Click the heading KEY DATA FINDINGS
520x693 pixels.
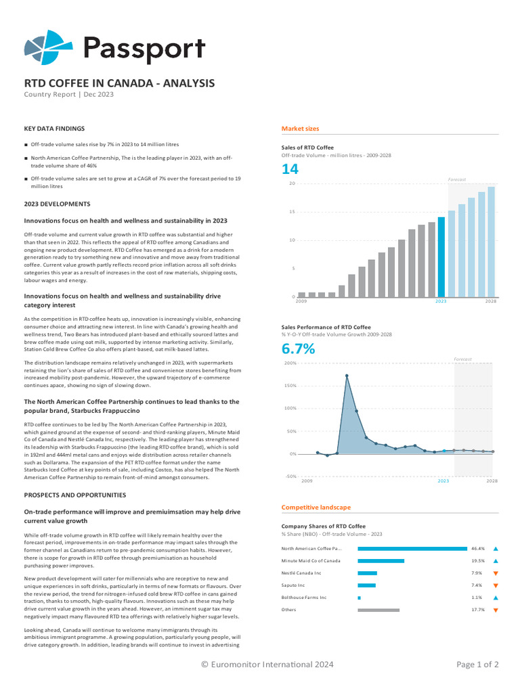tap(54, 128)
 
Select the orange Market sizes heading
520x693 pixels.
tap(300, 129)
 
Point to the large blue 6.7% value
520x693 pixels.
tap(298, 349)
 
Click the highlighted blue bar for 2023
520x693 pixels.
tap(441, 257)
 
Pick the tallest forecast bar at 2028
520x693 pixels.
tap(492, 242)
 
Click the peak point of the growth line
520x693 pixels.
tap(347, 376)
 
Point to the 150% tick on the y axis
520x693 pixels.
tap(290, 386)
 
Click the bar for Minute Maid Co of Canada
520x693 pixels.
tap(381, 561)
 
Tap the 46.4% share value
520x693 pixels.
tap(477, 549)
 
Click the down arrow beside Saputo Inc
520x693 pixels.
tap(496, 585)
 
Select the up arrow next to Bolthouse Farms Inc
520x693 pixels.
tap(496, 598)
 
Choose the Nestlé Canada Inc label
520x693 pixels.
tap(301, 573)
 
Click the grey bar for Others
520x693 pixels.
tap(378, 610)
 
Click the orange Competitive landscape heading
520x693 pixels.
tap(316, 507)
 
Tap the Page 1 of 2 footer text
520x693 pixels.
tap(477, 665)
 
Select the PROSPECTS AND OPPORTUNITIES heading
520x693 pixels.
tap(74, 495)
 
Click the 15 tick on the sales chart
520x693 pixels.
tap(292, 212)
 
